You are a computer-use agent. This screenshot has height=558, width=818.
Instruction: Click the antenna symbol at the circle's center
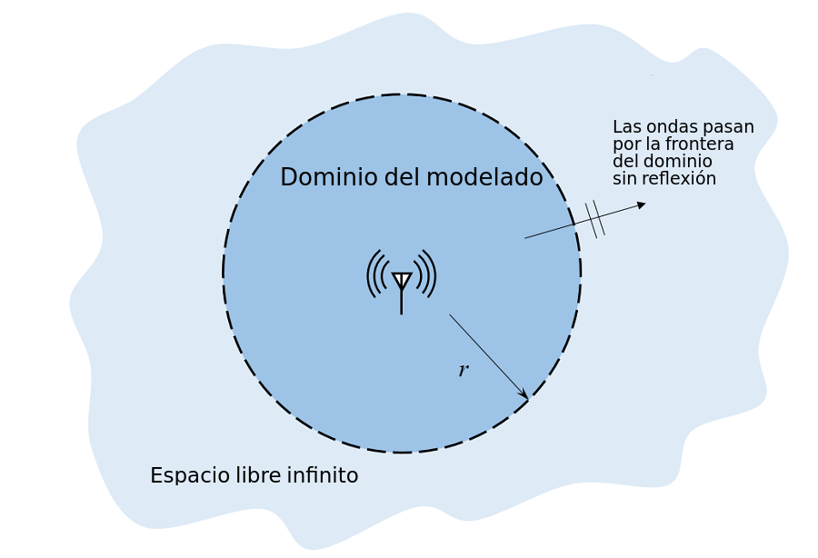click(x=402, y=280)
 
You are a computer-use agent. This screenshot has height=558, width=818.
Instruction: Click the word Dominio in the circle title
click(x=328, y=178)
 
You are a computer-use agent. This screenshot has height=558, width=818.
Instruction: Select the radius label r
click(x=463, y=371)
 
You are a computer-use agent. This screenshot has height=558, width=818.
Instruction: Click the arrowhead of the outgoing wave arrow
click(x=641, y=204)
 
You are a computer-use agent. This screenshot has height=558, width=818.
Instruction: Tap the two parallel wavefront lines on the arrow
click(x=594, y=218)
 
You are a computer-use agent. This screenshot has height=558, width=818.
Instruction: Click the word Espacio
click(x=181, y=476)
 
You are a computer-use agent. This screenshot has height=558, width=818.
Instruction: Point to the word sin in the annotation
click(x=623, y=179)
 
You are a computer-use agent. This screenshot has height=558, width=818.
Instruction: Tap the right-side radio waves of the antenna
click(x=426, y=274)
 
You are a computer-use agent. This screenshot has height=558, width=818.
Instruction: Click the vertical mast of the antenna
click(x=402, y=302)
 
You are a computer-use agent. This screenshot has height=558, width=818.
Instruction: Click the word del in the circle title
click(x=397, y=178)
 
